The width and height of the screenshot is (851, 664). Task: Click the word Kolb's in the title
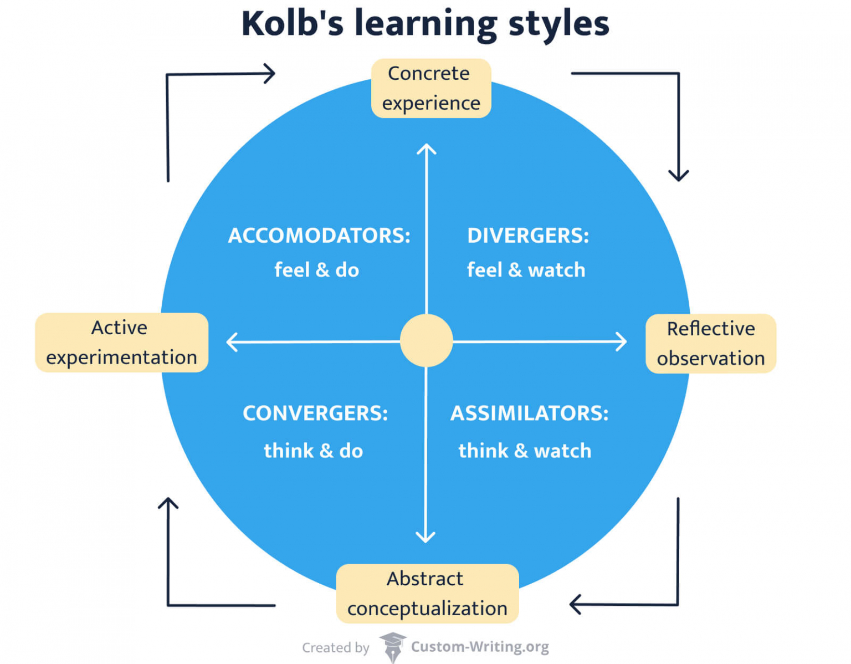point(292,24)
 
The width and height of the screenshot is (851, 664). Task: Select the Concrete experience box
point(430,88)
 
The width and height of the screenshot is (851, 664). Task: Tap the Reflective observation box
point(710,343)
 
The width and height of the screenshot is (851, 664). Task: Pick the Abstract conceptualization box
point(427,593)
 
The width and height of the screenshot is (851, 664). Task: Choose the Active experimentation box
point(121,342)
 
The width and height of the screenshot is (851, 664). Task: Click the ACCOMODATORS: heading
point(319,236)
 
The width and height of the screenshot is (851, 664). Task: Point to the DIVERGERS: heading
point(527,236)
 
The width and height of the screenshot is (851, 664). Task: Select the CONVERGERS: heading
point(315,413)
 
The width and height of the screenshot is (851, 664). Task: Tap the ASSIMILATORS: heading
point(529,413)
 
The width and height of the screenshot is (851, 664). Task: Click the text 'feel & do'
point(316,270)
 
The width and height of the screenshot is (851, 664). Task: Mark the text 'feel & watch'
point(526,270)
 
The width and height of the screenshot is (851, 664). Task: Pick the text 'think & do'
point(313,451)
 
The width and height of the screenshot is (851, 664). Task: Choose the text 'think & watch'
point(525,451)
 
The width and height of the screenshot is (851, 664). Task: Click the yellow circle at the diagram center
point(426,341)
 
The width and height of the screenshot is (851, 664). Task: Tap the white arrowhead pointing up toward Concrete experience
point(426,149)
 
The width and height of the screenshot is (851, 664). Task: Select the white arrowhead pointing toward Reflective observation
point(622,341)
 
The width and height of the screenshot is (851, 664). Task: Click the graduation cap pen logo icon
point(392,647)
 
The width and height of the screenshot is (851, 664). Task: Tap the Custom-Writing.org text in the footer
point(480,647)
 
